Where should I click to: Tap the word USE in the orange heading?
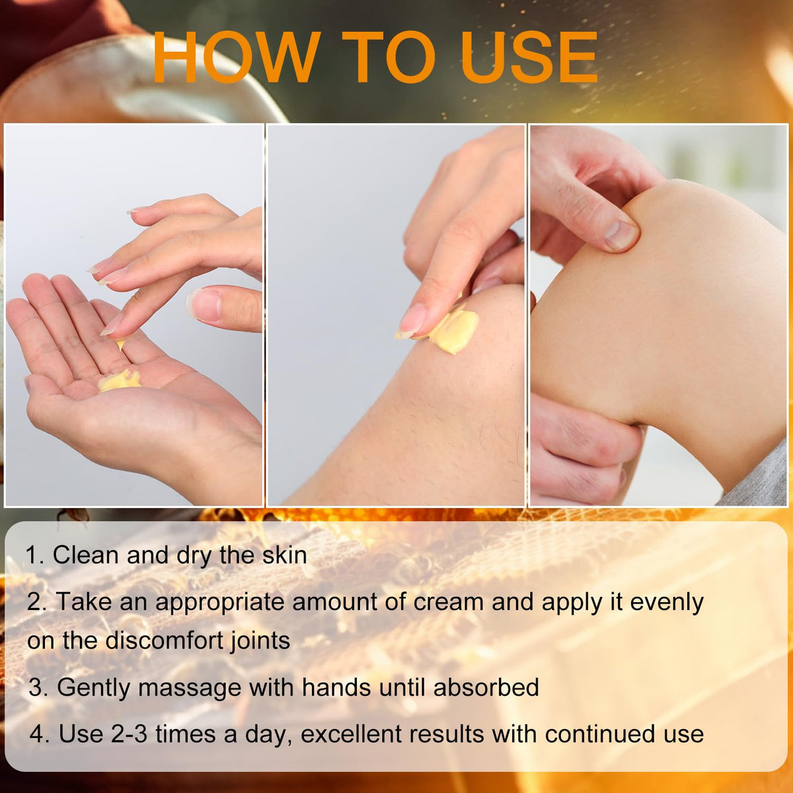pos(529,57)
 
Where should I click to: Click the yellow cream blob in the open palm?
pos(120,380)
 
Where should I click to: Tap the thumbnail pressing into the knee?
pos(621,235)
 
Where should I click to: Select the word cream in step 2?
pos(448,602)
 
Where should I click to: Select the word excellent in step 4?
pos(352,734)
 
